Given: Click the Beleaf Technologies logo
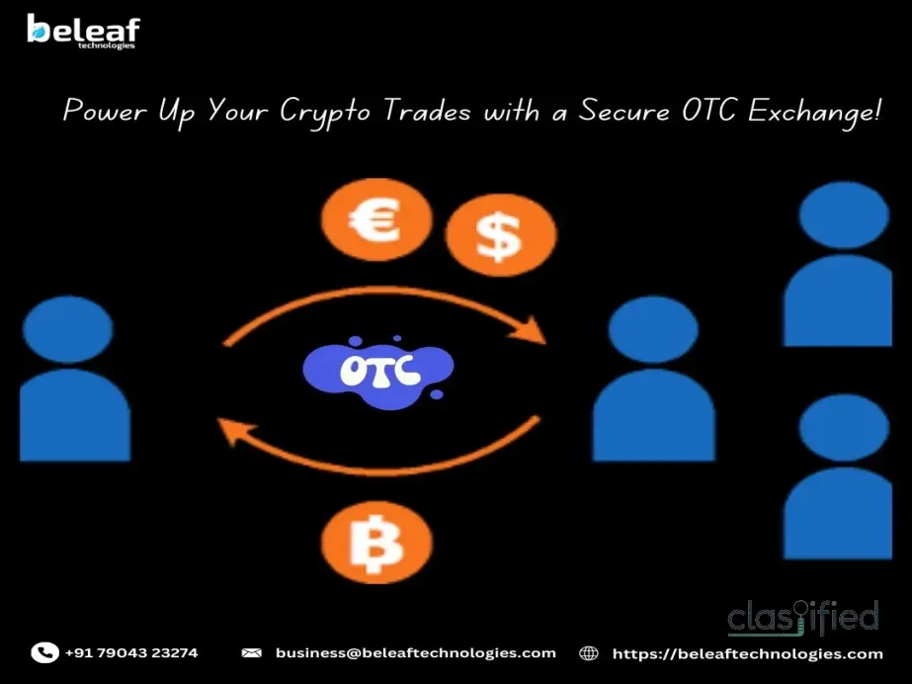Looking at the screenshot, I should tap(83, 32).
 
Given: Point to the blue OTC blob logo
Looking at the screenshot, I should tap(377, 369).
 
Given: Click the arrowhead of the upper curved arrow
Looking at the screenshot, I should tap(535, 330).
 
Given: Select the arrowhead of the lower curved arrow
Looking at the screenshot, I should tap(230, 431).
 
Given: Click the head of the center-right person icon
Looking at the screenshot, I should tap(653, 329).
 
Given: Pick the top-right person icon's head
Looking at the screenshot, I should tap(843, 214).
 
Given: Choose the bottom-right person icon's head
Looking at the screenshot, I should tap(843, 428).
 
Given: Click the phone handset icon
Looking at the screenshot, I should tap(44, 652).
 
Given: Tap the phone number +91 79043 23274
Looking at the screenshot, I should tap(131, 652).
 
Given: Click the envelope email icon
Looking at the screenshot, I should tap(252, 653).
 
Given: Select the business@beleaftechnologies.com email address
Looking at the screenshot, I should tap(415, 652).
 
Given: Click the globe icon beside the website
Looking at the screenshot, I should tap(589, 653).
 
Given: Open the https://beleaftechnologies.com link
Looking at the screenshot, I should tap(747, 653).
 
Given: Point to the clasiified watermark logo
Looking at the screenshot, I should tap(803, 618).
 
